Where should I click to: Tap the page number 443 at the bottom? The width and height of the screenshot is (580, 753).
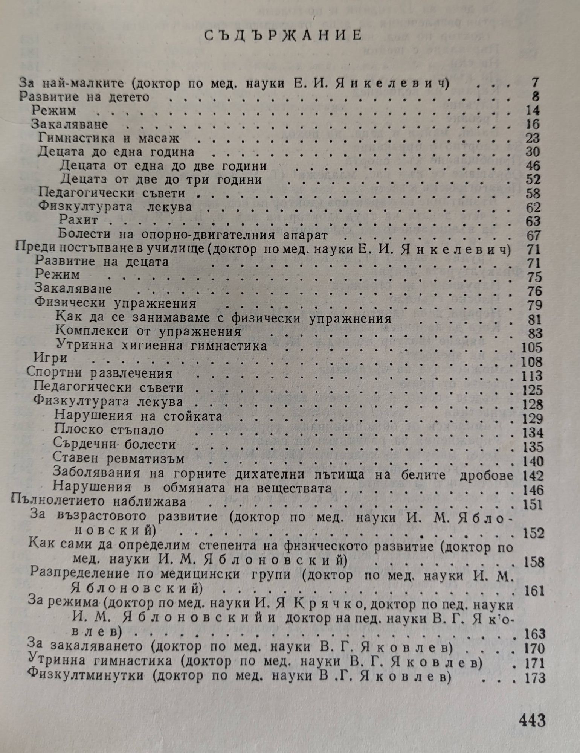pos(532,720)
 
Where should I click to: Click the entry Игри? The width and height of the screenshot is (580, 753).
pos(50,358)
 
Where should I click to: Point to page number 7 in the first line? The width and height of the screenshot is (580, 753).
pos(535,82)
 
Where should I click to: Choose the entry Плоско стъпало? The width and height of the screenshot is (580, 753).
pos(109,430)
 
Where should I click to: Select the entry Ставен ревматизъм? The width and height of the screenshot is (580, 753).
pos(119,459)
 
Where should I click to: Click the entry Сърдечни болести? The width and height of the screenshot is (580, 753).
pos(114,444)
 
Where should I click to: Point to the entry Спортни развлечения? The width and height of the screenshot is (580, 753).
pos(99,373)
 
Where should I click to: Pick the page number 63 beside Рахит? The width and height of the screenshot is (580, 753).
pos(533,221)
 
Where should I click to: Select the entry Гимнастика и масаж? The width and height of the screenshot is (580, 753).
pos(109,138)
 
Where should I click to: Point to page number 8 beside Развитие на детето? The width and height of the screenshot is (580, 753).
pos(535,97)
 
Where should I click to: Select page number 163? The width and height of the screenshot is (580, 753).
pos(534,634)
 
